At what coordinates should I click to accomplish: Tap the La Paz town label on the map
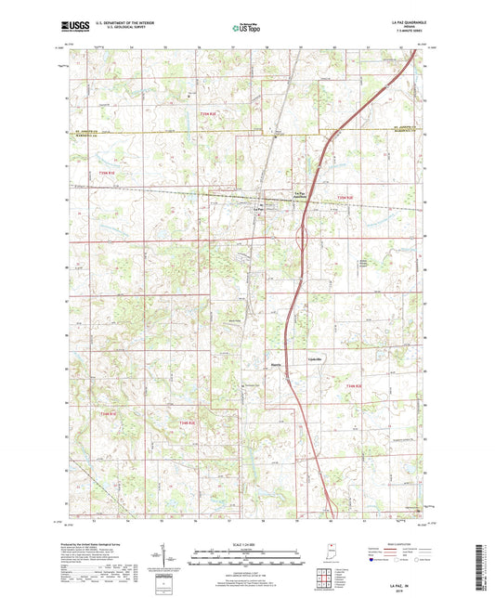[x=260, y=208]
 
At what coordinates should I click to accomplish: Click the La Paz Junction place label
[x=298, y=194]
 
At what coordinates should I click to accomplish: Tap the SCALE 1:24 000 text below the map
[x=247, y=543]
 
